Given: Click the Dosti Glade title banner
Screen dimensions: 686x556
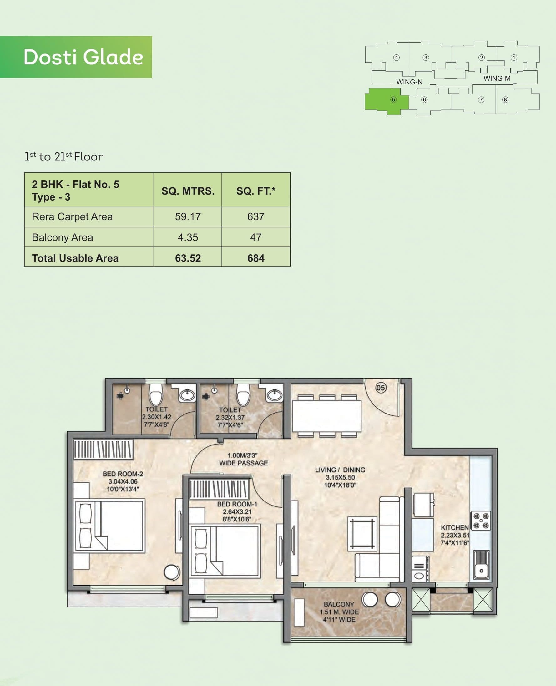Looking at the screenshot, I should click(76, 57).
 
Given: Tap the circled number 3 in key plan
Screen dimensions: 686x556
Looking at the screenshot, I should click(425, 58).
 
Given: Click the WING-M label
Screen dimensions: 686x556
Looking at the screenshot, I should click(497, 79).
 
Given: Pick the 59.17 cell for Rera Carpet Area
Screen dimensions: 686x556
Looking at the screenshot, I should click(188, 216).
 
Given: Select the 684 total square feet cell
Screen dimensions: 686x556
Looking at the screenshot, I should click(255, 258).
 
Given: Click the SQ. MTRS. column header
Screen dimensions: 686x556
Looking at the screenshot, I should click(188, 191).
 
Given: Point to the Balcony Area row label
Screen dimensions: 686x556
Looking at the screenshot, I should click(63, 237).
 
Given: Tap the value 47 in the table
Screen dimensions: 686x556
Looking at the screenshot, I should click(255, 237).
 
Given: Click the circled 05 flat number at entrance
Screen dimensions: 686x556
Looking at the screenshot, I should click(381, 388).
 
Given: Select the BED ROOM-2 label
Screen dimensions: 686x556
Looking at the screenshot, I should click(123, 474).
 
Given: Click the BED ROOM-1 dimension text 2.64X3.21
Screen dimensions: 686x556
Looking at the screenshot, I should click(237, 512).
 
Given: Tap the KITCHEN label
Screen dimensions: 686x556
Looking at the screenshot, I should click(454, 527).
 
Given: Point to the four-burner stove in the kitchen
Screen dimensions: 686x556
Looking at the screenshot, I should click(481, 521).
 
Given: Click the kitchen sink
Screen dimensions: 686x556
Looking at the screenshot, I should click(481, 565).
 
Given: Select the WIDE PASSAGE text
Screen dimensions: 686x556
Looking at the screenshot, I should click(243, 463).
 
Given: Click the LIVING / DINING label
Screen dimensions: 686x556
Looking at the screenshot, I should click(340, 470).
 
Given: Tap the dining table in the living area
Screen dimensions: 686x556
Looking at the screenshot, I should click(327, 416).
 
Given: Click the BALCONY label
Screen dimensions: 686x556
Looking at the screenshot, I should click(339, 604).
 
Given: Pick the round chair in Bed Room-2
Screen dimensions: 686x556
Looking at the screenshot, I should click(172, 572).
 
